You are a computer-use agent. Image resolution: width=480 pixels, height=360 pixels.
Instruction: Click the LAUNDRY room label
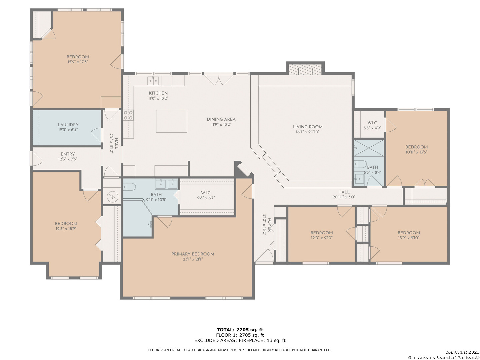[68, 125]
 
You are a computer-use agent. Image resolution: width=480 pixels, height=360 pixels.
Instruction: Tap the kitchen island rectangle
[171, 121]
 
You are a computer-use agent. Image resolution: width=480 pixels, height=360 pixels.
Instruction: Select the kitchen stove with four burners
[128, 115]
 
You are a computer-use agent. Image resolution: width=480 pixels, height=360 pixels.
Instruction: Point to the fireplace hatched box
[305, 70]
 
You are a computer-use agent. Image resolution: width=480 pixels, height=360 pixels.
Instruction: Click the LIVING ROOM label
[307, 127]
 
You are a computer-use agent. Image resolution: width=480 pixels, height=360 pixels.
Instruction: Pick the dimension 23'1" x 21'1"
[192, 259]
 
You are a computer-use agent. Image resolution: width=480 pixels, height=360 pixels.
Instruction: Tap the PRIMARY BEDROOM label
[193, 254]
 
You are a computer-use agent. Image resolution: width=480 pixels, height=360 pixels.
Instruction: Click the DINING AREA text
[221, 119]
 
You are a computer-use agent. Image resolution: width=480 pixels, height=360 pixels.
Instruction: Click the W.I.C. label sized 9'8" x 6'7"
[206, 193]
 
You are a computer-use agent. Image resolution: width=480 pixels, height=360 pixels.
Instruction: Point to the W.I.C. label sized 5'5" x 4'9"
[372, 123]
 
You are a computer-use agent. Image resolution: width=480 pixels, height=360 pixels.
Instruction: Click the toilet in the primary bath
[129, 187]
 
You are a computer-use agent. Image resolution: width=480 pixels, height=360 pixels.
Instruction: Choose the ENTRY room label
[68, 154]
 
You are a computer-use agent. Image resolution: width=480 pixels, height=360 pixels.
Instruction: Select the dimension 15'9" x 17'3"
[78, 62]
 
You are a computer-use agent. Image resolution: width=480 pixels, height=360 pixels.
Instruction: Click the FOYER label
[270, 224]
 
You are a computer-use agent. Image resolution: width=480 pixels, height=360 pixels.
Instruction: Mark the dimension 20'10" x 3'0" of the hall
[344, 197]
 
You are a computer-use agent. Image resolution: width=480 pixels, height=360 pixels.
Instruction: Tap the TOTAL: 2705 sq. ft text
[240, 330]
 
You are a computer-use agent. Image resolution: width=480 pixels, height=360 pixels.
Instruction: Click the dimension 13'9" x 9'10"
[408, 238]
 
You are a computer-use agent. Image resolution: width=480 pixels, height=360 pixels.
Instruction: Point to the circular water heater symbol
[112, 197]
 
